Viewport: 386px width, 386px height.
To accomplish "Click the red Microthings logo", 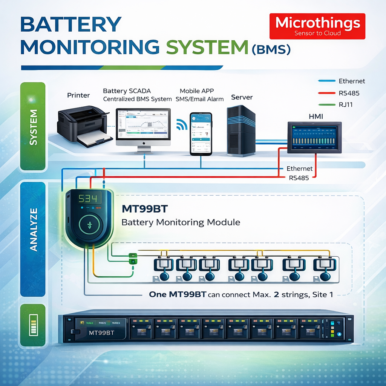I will [317, 26].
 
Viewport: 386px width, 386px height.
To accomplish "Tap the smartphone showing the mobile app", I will [201, 134].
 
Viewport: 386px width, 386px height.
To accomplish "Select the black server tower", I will [241, 130].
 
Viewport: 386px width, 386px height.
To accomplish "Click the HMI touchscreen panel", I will [314, 137].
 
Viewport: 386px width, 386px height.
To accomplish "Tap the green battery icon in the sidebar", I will [34, 325].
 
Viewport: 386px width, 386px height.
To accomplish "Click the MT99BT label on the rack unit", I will [101, 333].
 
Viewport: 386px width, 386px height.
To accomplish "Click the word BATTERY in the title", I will [71, 25].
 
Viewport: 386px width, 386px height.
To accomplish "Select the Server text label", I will [242, 97].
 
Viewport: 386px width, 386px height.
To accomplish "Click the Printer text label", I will [78, 95].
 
